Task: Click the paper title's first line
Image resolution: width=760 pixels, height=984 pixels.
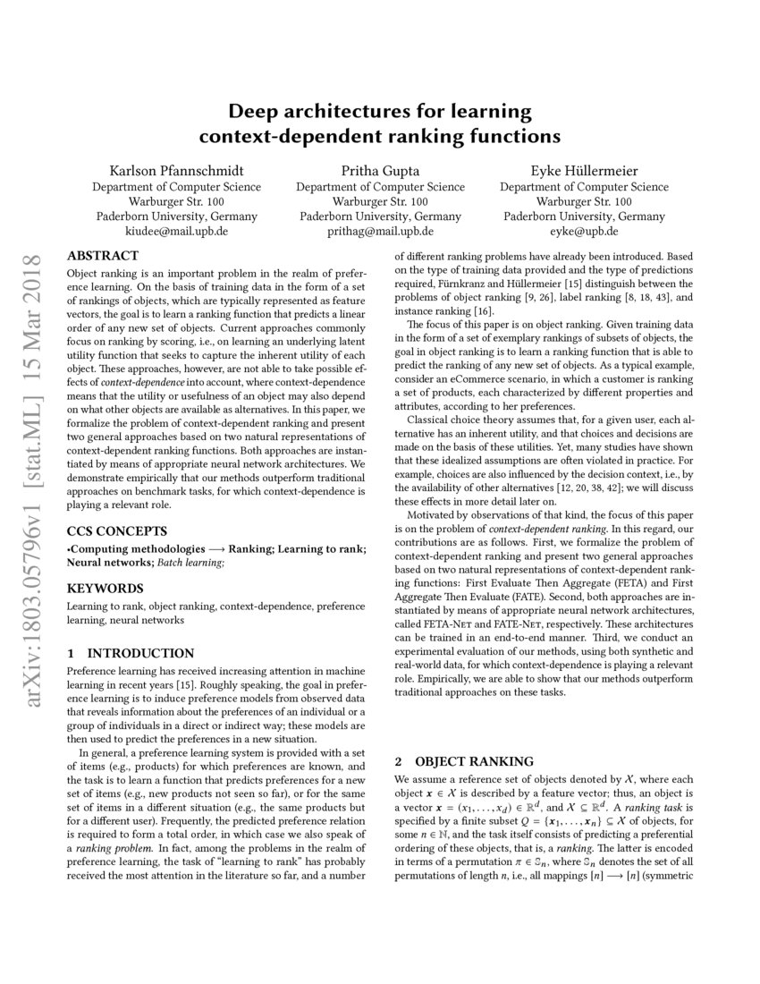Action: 380,112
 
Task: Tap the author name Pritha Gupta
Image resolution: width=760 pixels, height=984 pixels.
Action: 380,171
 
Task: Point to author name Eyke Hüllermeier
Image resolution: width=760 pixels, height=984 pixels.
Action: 584,171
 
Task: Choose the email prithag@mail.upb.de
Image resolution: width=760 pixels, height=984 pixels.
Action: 380,231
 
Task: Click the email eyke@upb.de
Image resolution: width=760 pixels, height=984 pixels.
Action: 584,231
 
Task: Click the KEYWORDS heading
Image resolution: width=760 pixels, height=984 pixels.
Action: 105,589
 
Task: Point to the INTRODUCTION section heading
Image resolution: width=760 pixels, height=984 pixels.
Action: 130,653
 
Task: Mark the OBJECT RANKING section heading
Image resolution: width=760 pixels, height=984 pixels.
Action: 464,762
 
